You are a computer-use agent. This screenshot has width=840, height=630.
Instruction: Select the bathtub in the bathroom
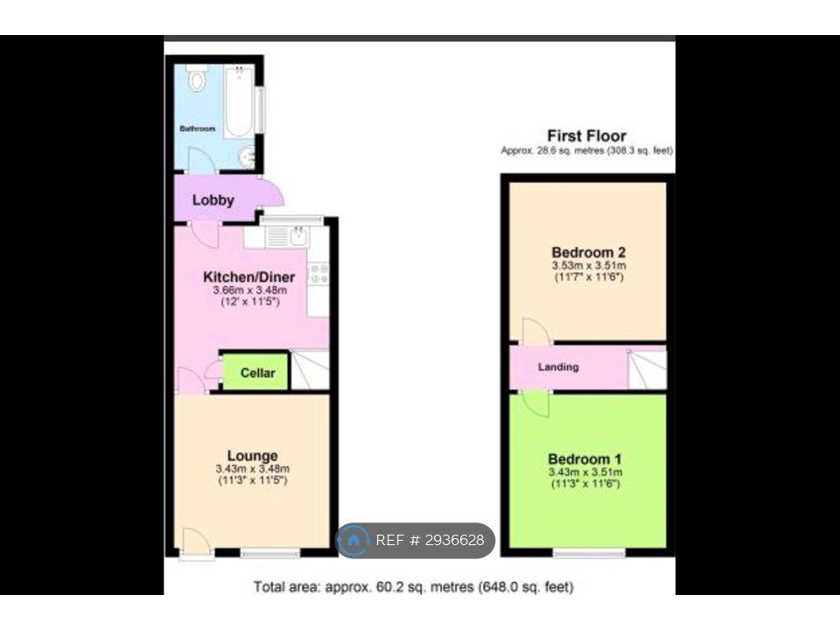coord(238,101)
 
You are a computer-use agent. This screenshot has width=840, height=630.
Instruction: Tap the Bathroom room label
coord(197,129)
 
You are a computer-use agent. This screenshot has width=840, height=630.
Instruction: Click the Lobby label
coord(213,200)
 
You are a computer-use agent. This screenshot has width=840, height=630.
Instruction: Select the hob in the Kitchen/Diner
coord(319,273)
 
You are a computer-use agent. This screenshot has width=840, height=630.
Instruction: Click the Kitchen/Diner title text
coord(249,277)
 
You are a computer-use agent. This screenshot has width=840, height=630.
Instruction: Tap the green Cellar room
coord(255,372)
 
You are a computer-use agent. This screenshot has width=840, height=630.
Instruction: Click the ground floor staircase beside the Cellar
coord(310,369)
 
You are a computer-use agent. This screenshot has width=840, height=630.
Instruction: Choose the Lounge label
coord(252,456)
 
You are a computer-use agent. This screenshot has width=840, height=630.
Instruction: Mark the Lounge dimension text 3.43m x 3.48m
coord(252,469)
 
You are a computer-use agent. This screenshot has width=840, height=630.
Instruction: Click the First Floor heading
coord(586,136)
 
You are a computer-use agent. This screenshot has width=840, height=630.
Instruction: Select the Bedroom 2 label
coord(588,252)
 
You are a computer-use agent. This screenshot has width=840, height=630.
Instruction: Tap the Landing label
coord(558,367)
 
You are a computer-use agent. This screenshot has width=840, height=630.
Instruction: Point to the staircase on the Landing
coord(647,368)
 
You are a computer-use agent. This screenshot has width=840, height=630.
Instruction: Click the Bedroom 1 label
coord(584,459)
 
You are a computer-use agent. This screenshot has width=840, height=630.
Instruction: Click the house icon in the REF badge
coord(353,540)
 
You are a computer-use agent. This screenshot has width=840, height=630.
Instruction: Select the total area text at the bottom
coord(413,587)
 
